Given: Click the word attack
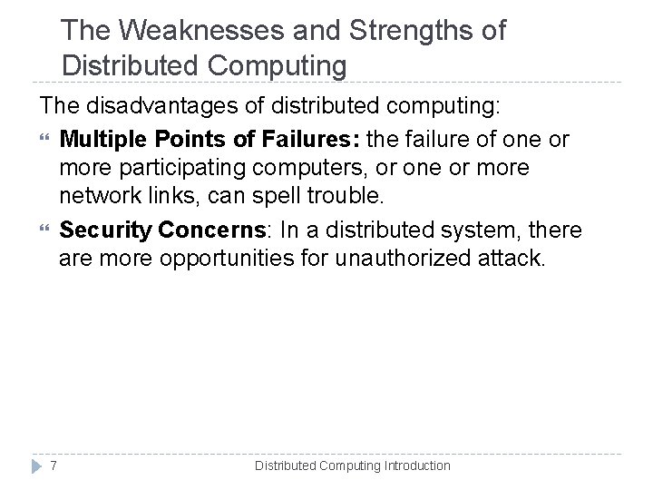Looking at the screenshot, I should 511,260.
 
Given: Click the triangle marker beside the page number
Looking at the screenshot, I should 32,465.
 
